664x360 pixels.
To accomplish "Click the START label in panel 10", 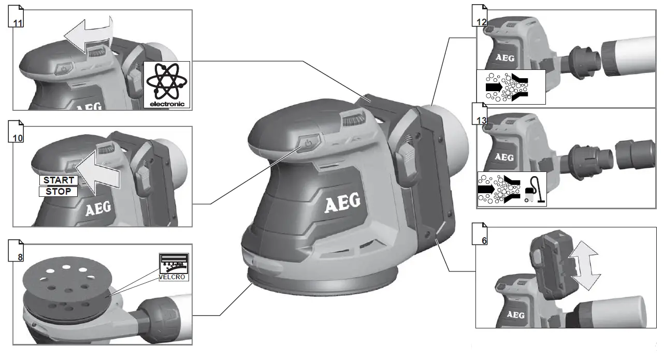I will [x=59, y=180].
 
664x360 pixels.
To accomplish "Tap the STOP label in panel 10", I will [x=59, y=192].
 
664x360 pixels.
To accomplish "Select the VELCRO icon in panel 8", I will [x=174, y=267].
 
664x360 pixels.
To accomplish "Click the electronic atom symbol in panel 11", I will [x=167, y=84].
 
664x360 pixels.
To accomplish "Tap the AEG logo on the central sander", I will [x=342, y=203].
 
